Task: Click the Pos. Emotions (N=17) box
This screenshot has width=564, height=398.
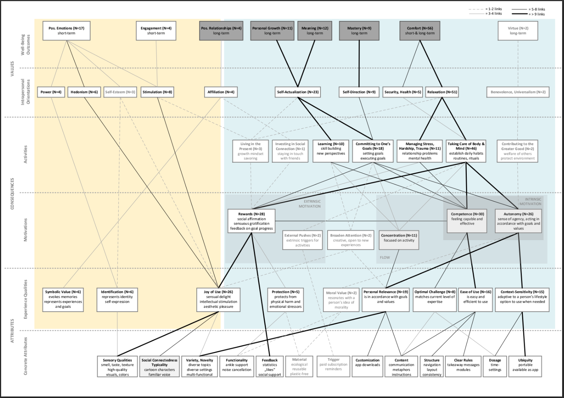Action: point(66,31)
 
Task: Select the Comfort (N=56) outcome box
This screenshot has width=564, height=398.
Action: point(420,31)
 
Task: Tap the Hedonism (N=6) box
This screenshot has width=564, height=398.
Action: point(84,92)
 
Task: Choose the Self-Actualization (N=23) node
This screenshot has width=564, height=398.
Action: point(298,92)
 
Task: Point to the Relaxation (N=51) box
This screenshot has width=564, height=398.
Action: point(442,92)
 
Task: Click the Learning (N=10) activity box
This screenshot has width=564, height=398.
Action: point(331,151)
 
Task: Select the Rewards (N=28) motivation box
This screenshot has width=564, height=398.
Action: point(251,221)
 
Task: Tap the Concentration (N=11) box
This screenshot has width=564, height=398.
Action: point(398,240)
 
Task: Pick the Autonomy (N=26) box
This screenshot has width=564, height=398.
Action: point(518,221)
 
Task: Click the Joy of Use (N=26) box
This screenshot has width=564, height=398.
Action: point(218,299)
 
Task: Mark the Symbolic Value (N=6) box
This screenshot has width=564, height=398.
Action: point(63,299)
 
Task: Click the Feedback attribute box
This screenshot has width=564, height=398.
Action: point(270,367)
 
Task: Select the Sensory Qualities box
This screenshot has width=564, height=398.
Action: point(117,367)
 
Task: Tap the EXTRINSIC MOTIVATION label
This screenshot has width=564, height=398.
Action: point(309,203)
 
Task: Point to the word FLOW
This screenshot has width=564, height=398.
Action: point(384,257)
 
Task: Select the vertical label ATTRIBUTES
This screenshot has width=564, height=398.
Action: point(12,331)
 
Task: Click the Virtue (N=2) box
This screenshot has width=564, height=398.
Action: point(518,31)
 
